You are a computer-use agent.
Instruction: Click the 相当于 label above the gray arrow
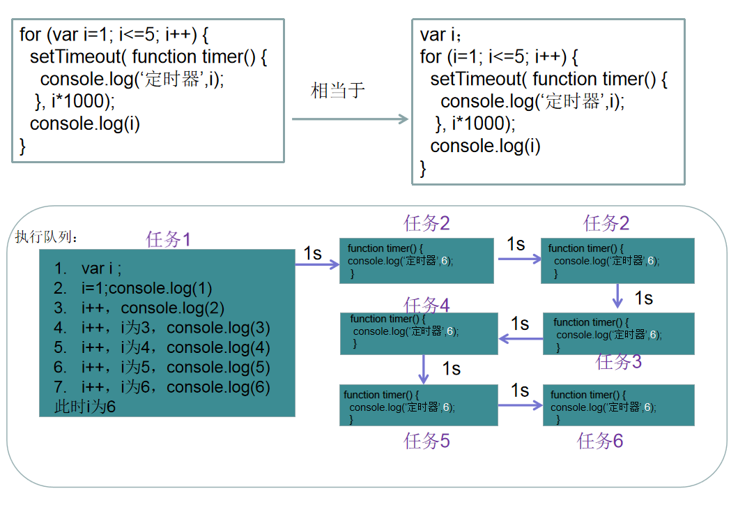[x=338, y=91]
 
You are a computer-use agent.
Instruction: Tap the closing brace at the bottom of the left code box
[x=22, y=146]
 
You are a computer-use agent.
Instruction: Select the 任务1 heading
[x=168, y=240]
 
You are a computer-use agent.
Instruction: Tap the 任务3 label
[x=619, y=361]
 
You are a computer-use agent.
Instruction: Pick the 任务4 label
[x=426, y=306]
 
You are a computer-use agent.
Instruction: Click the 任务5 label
[x=426, y=441]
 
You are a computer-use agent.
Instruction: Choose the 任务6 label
[x=600, y=441]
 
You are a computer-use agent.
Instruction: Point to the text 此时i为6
[x=85, y=407]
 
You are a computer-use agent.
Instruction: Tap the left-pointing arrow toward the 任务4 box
[x=521, y=339]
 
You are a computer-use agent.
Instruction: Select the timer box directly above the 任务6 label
[x=618, y=405]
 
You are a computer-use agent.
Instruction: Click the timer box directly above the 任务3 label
[x=618, y=333]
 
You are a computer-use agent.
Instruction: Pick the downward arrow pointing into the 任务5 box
[x=424, y=368]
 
